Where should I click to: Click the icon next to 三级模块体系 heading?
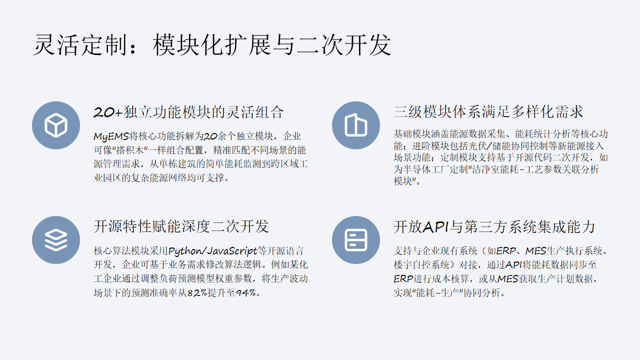(x=355, y=124)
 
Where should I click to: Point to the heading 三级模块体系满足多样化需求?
(x=488, y=112)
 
